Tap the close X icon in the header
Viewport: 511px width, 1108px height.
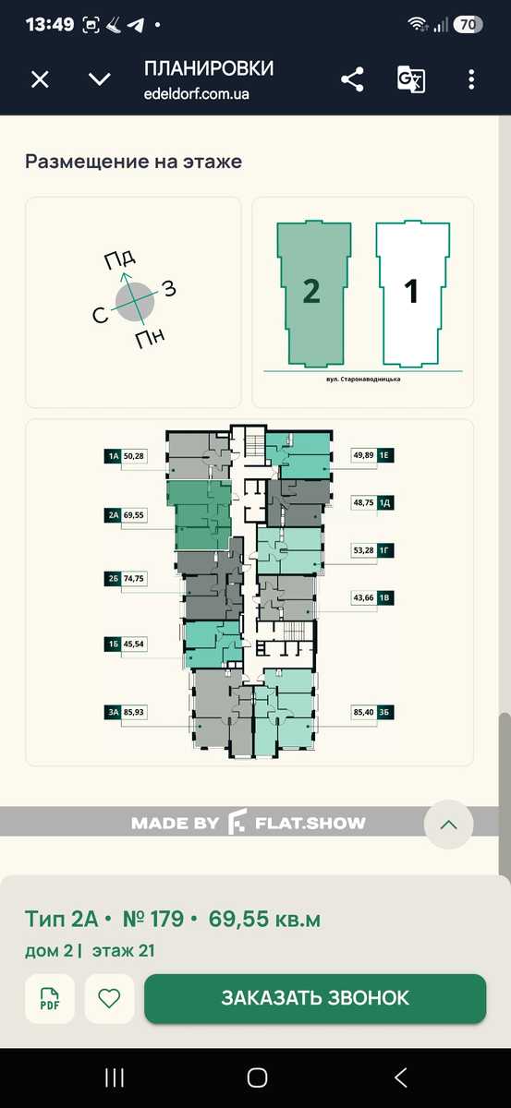40,79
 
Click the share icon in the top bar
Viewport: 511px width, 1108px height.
352,79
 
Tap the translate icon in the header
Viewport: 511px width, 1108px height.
411,79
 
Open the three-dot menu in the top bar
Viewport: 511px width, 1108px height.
471,79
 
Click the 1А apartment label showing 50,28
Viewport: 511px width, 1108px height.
126,455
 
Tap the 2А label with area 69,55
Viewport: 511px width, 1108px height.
126,515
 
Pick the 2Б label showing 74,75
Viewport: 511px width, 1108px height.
126,578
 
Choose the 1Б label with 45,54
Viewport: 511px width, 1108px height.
126,644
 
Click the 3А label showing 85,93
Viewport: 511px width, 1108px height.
126,712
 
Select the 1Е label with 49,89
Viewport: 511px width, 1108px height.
372,454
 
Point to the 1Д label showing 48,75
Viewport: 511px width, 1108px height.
372,502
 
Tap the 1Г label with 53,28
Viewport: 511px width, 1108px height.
372,550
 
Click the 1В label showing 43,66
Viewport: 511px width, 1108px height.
372,597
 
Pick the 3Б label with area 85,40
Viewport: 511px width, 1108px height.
372,712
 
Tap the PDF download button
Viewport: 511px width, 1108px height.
50,999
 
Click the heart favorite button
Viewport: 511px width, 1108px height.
109,999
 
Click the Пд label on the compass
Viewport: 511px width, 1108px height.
120,259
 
